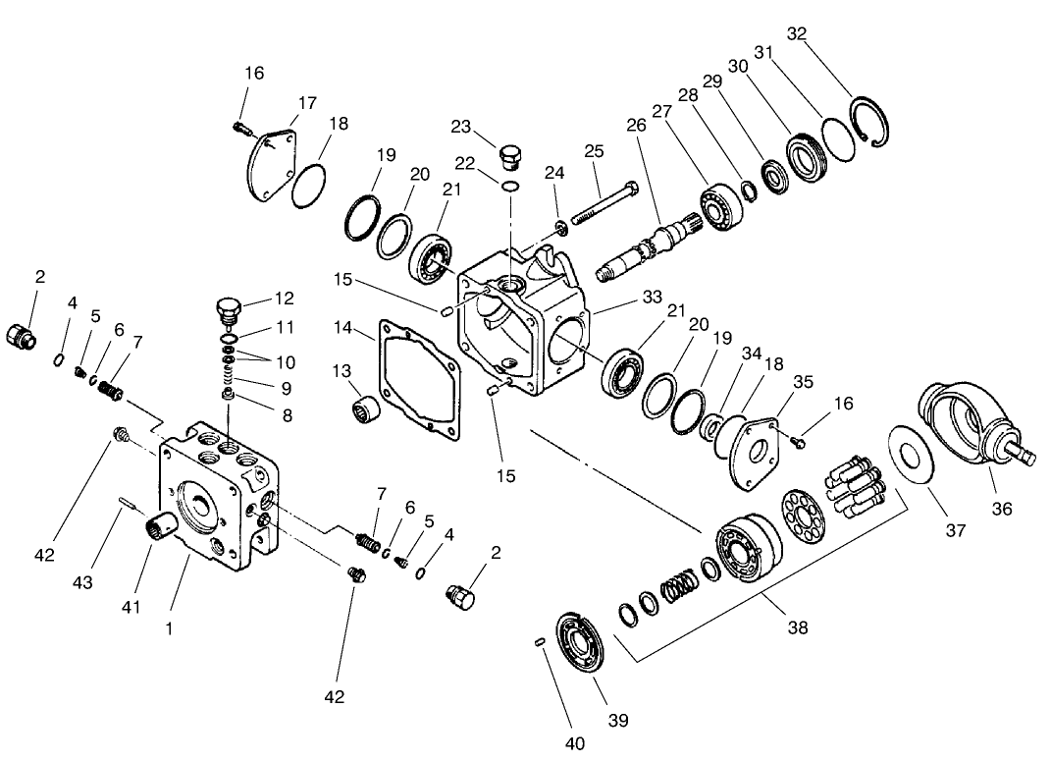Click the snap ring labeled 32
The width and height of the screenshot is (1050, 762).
(872, 122)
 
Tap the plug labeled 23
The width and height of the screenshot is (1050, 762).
(511, 157)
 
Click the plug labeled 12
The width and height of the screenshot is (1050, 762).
(228, 309)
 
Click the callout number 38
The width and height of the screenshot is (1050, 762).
(798, 626)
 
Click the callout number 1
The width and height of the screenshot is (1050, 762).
(169, 627)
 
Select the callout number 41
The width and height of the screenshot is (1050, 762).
(131, 607)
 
